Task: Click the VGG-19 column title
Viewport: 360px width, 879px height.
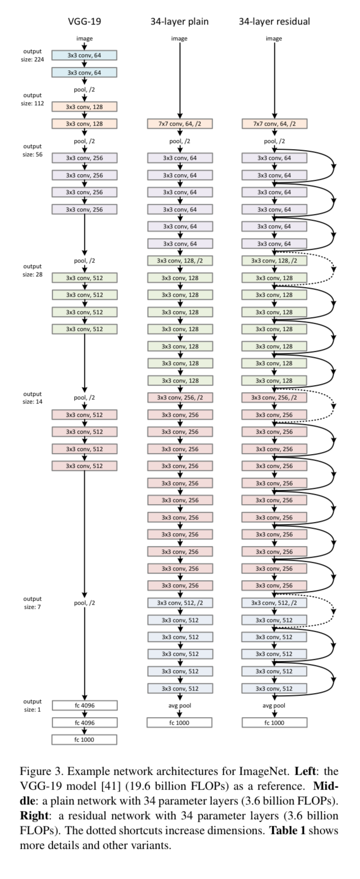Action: point(84,21)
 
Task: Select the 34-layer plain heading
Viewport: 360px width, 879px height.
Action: point(179,21)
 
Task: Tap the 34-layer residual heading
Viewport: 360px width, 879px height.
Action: point(274,21)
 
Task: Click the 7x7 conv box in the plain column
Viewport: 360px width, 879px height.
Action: point(179,124)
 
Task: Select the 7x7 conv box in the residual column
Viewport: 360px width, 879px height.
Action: point(274,124)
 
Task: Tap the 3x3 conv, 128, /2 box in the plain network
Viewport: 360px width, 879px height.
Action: point(179,260)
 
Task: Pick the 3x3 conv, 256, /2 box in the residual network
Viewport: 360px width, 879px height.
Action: point(274,397)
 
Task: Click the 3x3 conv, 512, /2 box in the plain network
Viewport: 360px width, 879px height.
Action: point(179,603)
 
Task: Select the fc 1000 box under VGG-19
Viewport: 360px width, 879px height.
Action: point(84,740)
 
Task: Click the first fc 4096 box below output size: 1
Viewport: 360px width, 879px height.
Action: point(84,705)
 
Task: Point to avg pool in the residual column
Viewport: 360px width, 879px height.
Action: point(274,705)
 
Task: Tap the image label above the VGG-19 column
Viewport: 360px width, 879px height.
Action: point(84,38)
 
